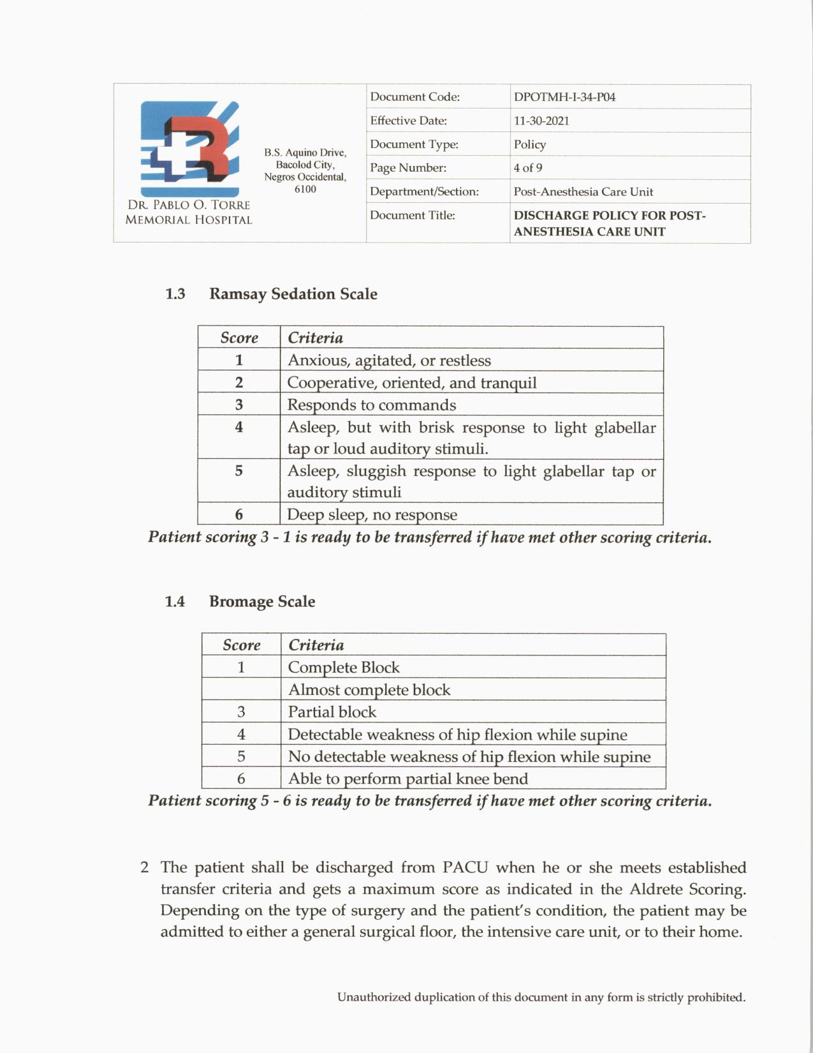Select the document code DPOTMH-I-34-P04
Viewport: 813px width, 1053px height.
coord(564,97)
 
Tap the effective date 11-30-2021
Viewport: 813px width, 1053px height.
coord(541,121)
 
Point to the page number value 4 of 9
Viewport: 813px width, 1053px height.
coord(528,168)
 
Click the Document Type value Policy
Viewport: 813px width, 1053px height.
coord(530,144)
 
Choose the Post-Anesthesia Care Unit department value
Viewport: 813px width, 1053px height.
coord(583,191)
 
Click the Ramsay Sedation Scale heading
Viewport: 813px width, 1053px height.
coord(293,294)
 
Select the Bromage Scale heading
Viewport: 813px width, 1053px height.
coord(262,601)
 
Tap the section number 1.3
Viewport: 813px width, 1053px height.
coord(175,294)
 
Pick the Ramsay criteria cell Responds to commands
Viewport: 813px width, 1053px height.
coord(372,405)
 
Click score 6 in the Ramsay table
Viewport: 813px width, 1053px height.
coord(239,514)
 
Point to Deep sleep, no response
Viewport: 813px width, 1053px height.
coord(372,514)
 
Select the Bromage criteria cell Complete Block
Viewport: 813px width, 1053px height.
coord(344,668)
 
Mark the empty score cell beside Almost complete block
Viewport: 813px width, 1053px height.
coord(241,689)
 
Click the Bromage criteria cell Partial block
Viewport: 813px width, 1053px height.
coord(332,712)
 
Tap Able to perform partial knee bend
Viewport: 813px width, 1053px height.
coord(408,779)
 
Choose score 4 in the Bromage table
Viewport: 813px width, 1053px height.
coord(241,734)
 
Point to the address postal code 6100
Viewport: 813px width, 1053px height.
coord(305,189)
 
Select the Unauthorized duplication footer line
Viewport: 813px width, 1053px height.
coord(541,997)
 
